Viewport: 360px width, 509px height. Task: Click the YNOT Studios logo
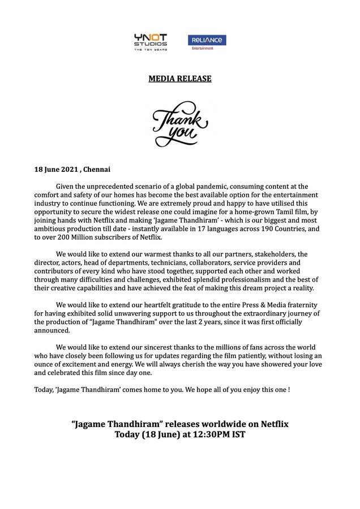click(x=150, y=42)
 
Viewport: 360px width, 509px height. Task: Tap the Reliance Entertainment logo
click(x=207, y=42)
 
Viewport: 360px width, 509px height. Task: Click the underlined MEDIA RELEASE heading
click(x=180, y=79)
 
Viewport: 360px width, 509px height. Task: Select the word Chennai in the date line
click(x=97, y=169)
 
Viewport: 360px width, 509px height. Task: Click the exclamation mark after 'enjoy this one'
click(x=289, y=390)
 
